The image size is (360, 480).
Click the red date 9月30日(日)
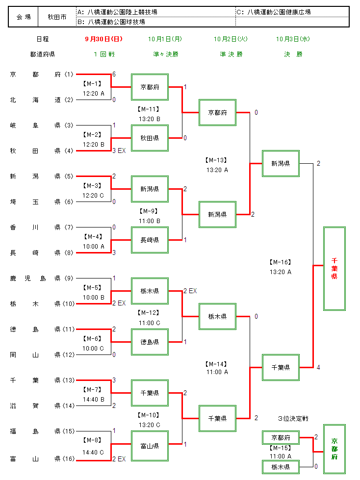tap(103, 39)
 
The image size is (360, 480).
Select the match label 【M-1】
tap(92, 83)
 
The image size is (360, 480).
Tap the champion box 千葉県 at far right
tap(334, 268)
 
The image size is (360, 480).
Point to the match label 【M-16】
tap(280, 262)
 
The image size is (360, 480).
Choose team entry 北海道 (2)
tap(41, 100)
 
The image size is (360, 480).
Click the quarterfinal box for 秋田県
tap(150, 138)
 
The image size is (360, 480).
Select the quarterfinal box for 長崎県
tap(150, 240)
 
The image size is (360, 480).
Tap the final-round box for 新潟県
tap(281, 163)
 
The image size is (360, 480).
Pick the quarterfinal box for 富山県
tap(150, 446)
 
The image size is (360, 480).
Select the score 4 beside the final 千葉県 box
tap(318, 367)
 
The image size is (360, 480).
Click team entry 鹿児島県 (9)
tap(41, 278)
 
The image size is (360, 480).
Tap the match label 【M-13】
tap(217, 160)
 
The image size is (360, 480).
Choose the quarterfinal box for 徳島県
tap(150, 342)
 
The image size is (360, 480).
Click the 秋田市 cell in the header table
tap(57, 17)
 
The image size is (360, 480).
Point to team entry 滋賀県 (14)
tap(41, 406)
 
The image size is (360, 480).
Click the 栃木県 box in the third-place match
tap(281, 467)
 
